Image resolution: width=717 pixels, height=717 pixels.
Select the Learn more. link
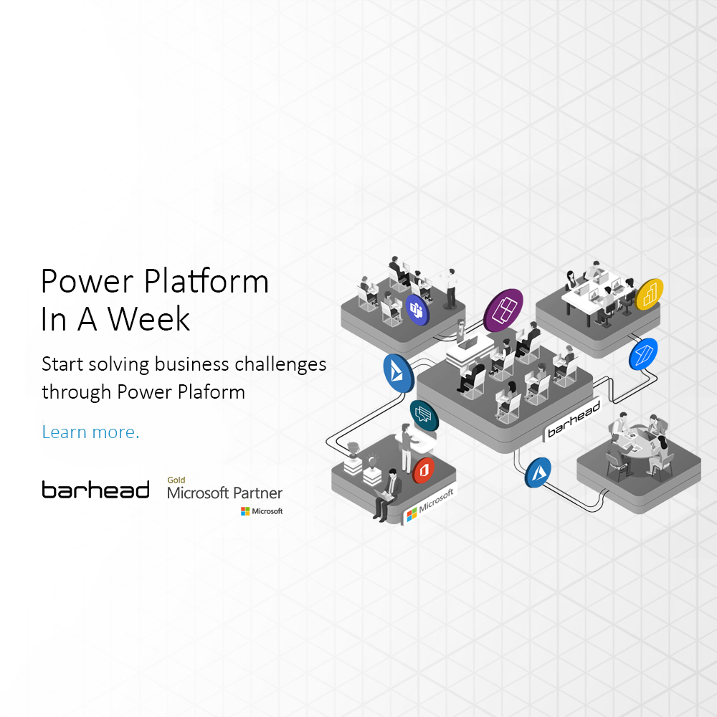(90, 432)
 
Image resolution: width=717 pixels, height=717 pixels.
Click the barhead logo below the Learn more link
(95, 490)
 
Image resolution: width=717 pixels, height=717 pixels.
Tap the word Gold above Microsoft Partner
(176, 480)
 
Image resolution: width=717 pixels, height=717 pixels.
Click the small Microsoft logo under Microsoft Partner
(262, 511)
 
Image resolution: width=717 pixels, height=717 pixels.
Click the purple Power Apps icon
(503, 310)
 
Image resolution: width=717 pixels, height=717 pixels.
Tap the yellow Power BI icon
(650, 294)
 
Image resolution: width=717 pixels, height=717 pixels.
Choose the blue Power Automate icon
(642, 353)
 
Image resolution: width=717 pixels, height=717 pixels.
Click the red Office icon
(424, 470)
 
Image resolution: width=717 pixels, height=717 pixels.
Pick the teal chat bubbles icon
(424, 415)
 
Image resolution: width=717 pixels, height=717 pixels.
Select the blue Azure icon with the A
(538, 473)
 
